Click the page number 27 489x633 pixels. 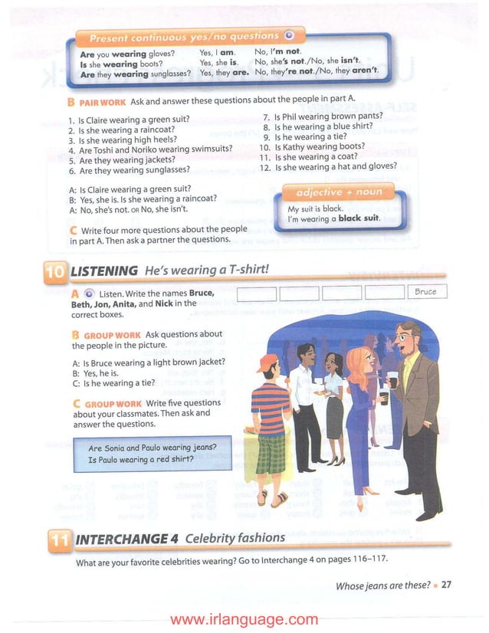click(446, 585)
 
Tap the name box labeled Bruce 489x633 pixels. click(425, 292)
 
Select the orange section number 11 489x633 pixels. click(57, 540)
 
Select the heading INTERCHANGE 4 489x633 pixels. click(126, 538)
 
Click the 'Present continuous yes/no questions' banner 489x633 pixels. click(184, 37)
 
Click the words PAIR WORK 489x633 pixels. click(103, 102)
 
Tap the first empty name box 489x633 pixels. click(256, 292)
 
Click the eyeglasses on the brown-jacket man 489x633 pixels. click(405, 334)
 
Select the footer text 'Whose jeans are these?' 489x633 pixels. click(383, 585)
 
